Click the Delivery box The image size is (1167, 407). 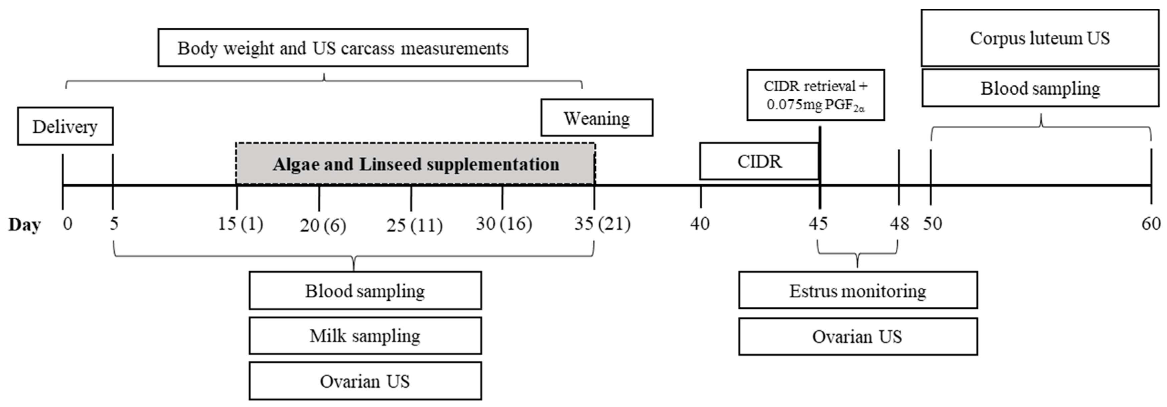(x=65, y=126)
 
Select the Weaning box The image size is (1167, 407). (x=597, y=118)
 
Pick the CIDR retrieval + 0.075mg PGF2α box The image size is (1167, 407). (x=816, y=95)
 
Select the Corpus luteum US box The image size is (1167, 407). (x=1040, y=38)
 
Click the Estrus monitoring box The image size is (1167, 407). (x=858, y=291)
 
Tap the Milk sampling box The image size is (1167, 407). (x=365, y=336)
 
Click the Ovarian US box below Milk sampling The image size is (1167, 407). (x=365, y=381)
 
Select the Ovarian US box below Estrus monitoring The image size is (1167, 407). (x=858, y=337)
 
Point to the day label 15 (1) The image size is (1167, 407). (x=240, y=223)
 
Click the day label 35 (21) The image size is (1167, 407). (x=602, y=223)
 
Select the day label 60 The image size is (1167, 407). (x=1151, y=223)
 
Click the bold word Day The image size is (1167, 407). (x=24, y=224)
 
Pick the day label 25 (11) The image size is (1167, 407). (x=414, y=225)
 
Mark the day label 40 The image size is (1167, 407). (x=700, y=223)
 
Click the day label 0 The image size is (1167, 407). (x=67, y=223)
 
